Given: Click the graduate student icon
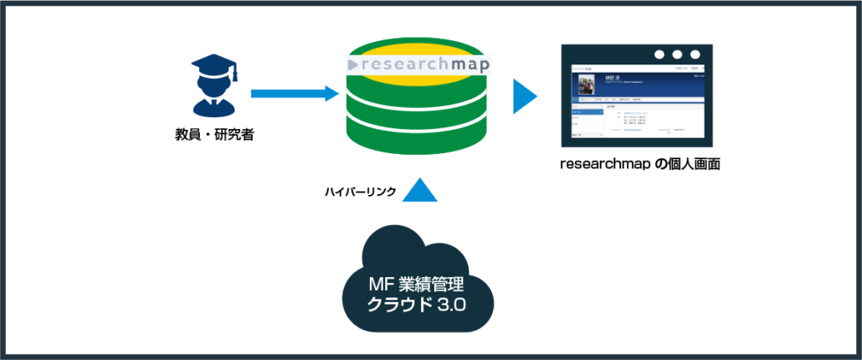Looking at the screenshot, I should pos(214,85).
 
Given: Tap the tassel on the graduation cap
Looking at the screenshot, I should pos(234,74).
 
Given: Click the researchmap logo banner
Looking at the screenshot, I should pos(418,64).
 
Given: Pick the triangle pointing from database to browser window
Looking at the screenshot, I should pos(525,96).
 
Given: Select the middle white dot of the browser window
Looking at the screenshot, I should pos(677,54).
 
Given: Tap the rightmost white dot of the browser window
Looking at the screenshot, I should pos(695,54).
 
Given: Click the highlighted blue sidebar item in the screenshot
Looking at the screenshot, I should pos(585,111).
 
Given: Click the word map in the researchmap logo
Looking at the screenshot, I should pos(468,64).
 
